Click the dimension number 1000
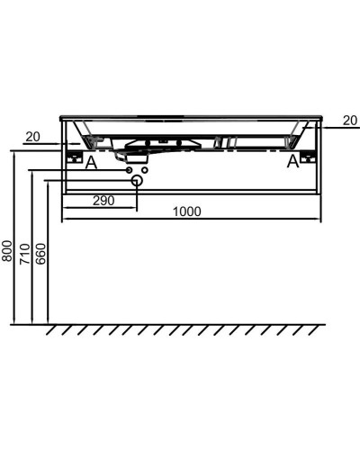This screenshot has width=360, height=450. (186, 211)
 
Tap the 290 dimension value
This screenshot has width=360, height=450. (103, 201)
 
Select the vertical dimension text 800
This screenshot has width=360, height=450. (8, 250)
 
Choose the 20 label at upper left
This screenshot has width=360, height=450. (33, 137)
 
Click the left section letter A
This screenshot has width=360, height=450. (90, 163)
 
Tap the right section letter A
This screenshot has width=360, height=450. (292, 163)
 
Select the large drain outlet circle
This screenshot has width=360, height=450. (137, 181)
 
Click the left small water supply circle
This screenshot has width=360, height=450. (129, 169)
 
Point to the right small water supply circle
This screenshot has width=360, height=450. (145, 169)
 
